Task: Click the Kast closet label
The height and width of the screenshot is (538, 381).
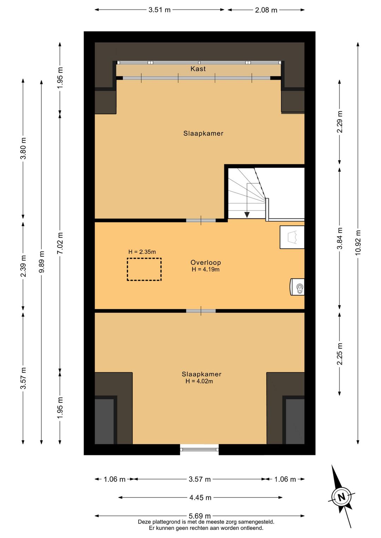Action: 198,69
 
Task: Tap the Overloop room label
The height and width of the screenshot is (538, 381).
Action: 206,263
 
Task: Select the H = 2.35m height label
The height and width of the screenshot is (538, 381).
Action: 142,252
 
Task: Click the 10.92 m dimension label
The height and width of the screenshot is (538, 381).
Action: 358,243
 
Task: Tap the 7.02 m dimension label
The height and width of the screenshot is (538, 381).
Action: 60,243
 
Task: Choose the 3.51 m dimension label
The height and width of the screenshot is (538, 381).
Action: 159,10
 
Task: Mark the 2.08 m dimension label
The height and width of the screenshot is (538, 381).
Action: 266,10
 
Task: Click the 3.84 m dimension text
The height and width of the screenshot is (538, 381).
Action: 340,238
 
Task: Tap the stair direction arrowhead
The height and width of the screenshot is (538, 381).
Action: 247,215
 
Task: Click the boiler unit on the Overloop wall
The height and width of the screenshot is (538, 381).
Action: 297,287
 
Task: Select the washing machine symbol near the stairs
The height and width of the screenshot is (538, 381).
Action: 292,237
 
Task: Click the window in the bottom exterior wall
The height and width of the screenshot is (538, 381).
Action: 199,450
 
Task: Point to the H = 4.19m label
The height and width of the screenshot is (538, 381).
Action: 206,269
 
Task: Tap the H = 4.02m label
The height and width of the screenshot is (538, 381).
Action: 199,381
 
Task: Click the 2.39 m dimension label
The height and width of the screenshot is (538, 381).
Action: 23,266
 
